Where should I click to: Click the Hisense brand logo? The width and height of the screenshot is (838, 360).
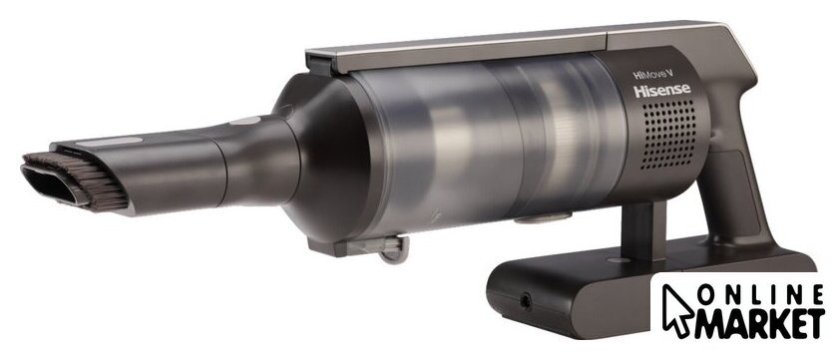[x=661, y=91]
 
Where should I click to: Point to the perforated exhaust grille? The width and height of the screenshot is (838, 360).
[x=669, y=134]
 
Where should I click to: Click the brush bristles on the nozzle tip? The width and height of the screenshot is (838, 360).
[x=80, y=179]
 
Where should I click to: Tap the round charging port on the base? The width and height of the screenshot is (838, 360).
[x=526, y=302]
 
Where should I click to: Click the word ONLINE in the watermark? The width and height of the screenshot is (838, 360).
[x=759, y=295]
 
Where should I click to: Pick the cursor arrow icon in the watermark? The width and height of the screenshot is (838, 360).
[x=676, y=310]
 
